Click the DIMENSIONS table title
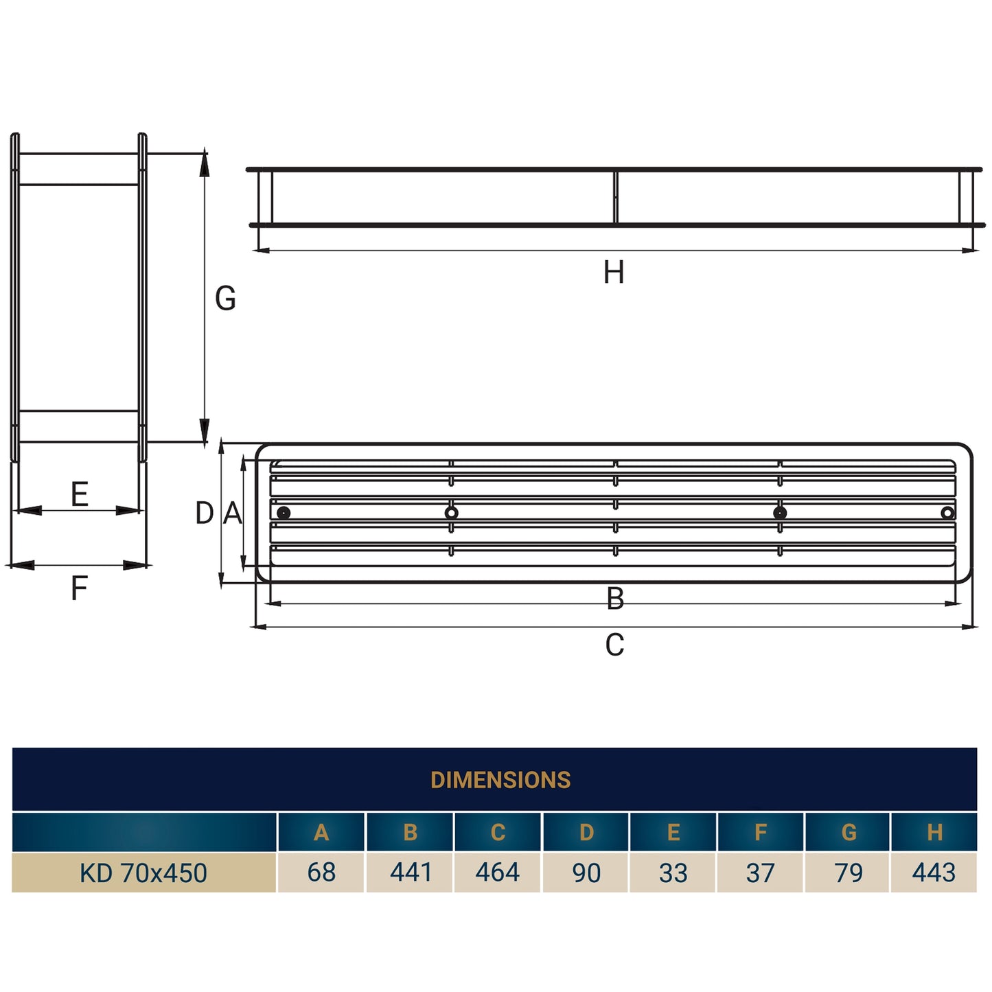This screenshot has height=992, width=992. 500,780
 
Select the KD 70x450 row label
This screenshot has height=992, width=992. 143,873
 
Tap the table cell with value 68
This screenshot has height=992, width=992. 321,872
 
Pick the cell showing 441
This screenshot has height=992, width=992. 411,872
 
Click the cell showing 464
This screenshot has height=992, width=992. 498,872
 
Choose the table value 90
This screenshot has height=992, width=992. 586,873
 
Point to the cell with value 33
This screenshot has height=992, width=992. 673,873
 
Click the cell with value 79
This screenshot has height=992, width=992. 849,873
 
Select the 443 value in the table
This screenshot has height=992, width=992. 934,872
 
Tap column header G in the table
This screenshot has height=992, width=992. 849,832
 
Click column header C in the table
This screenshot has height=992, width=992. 498,832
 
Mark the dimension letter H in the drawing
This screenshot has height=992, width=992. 614,273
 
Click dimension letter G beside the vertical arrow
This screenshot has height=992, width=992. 225,299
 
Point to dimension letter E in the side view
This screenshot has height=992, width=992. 80,494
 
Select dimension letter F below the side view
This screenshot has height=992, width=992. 80,588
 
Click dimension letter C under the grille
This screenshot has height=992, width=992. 614,645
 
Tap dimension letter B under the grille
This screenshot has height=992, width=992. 615,599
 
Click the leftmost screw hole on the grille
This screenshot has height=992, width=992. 284,513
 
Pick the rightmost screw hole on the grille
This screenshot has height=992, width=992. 947,513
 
